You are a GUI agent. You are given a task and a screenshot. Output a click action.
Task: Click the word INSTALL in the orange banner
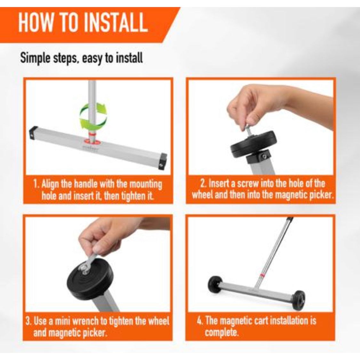point(115,22)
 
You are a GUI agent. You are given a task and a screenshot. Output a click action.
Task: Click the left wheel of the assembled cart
point(215,284)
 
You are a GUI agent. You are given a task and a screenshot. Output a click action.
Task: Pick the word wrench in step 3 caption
point(89,321)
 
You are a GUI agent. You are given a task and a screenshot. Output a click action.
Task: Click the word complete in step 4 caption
point(220,332)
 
